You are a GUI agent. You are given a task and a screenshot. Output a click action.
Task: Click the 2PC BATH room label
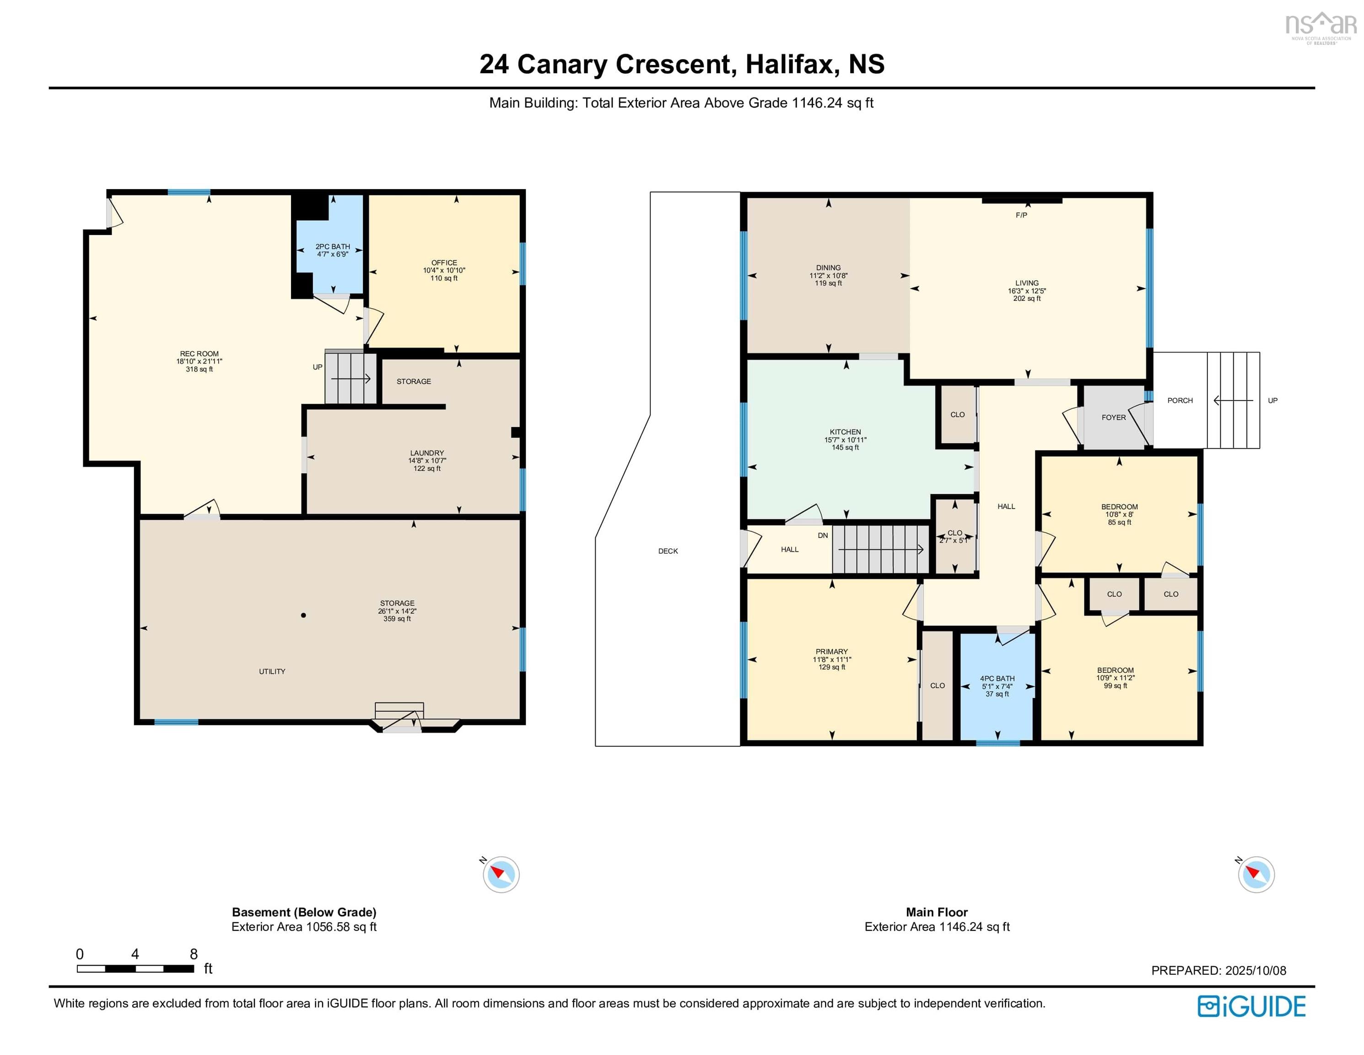[332, 247]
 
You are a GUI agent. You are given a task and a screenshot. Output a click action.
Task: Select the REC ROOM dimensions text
[199, 361]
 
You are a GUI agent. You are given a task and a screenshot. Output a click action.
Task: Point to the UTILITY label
[272, 671]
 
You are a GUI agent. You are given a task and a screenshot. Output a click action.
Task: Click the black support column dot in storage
[303, 615]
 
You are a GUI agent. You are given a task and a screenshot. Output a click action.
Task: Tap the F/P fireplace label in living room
[1021, 215]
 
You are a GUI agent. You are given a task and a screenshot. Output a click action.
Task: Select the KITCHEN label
[845, 432]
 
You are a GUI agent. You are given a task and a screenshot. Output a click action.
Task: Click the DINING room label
[828, 267]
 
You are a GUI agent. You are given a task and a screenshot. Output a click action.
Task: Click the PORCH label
[1180, 401]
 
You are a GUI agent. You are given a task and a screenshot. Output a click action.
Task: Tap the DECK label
[668, 551]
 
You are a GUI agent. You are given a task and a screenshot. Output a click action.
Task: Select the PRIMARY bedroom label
[831, 651]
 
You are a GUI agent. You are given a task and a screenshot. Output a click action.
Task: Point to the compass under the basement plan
[501, 875]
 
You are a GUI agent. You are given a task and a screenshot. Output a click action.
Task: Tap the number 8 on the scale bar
[194, 954]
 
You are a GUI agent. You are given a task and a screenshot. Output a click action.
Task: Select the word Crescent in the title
[673, 65]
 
